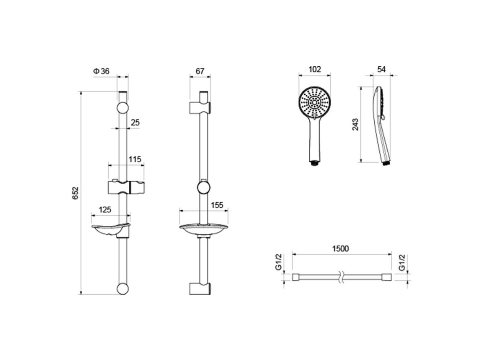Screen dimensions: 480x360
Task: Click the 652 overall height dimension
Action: coord(76,193)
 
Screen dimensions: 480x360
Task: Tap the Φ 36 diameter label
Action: coord(101,71)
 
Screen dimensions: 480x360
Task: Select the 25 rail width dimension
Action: coord(135,123)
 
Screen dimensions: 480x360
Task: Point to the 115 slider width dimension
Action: coord(135,159)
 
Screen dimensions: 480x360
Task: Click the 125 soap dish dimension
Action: coord(105,210)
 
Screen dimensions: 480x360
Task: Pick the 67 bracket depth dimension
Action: coord(200,71)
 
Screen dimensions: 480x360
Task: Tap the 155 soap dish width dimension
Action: coord(217,205)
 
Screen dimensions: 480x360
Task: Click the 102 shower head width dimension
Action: coord(315,69)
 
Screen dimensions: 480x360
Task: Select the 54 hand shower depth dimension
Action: coord(381,69)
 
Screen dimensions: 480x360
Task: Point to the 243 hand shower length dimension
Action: coord(355,125)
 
